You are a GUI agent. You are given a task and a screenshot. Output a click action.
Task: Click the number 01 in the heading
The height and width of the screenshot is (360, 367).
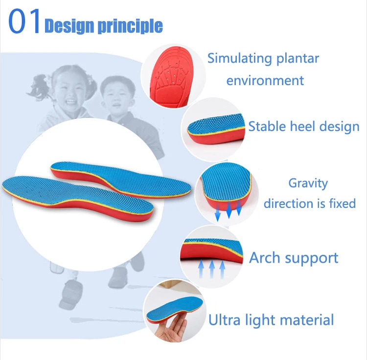[x=24, y=22]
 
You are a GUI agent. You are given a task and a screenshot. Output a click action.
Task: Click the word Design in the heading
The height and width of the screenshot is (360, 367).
[x=69, y=26]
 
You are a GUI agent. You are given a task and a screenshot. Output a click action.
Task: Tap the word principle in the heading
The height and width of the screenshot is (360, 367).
[x=130, y=26]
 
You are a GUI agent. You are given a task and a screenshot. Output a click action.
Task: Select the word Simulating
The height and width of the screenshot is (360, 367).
[x=240, y=59]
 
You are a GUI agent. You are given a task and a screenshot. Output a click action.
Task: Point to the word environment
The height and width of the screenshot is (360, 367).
[x=265, y=81]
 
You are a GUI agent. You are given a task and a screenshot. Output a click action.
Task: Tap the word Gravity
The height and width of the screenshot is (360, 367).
[x=308, y=184]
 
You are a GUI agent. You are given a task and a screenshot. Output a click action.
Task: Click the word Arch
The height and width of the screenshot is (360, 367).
[x=264, y=258]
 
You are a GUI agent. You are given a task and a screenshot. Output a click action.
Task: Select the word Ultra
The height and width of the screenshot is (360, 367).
[x=224, y=320]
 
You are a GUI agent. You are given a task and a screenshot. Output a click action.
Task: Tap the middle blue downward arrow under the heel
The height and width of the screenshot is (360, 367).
[x=229, y=210]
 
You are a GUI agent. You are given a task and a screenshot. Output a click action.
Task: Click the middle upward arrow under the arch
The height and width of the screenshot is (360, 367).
[x=212, y=269]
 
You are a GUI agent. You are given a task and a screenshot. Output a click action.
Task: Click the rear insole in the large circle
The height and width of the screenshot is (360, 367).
[x=121, y=179]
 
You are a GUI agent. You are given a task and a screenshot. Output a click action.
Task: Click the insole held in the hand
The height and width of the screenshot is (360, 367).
[x=174, y=309]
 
